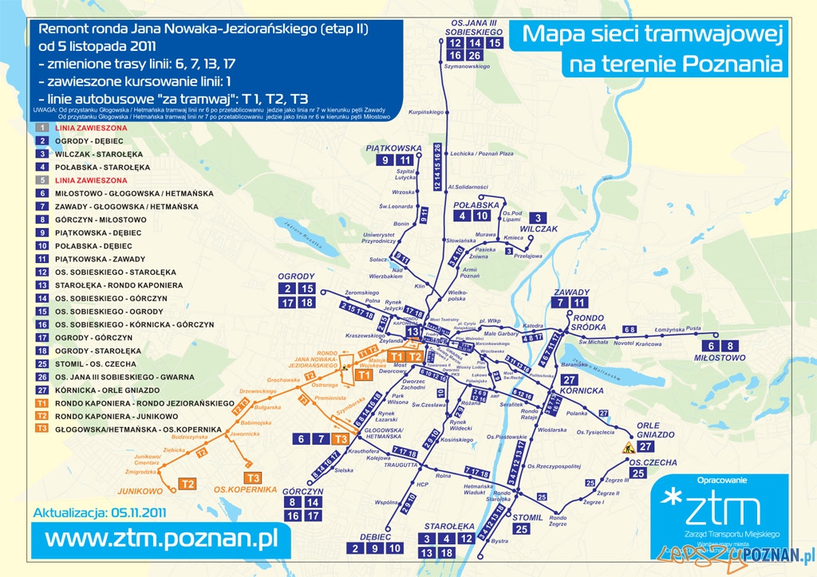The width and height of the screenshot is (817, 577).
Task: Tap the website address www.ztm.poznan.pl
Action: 160,539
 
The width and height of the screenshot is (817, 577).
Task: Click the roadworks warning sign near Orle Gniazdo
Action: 627,448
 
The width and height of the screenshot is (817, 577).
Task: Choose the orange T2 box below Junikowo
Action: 188,484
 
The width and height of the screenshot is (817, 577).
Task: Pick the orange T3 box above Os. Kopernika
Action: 254,477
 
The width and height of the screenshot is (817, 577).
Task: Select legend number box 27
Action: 41,391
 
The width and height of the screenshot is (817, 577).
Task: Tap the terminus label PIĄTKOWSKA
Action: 393,148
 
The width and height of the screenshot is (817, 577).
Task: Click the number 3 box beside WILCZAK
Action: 539,218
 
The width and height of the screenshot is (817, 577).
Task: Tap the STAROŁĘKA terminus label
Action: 449,527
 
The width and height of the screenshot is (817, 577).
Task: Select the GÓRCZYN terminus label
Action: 302,491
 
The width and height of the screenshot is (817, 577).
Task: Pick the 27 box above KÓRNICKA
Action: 569,379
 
